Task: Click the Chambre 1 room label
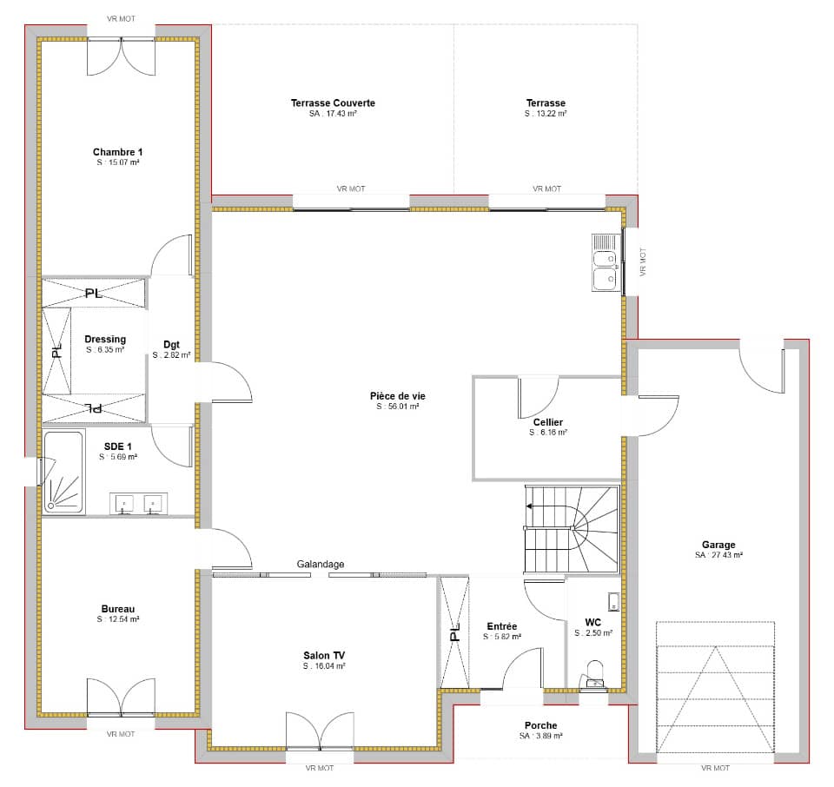117,152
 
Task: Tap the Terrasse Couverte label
333,103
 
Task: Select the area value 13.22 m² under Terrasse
546,114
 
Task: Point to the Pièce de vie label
398,396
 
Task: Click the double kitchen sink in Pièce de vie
606,262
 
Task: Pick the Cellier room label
548,422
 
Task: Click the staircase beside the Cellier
572,529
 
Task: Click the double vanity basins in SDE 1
139,504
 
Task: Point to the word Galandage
321,565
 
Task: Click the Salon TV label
324,655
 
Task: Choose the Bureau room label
117,609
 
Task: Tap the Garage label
718,545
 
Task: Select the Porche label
540,725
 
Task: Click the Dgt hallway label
171,344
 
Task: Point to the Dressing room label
105,339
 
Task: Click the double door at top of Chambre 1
121,54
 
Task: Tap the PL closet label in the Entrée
453,634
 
